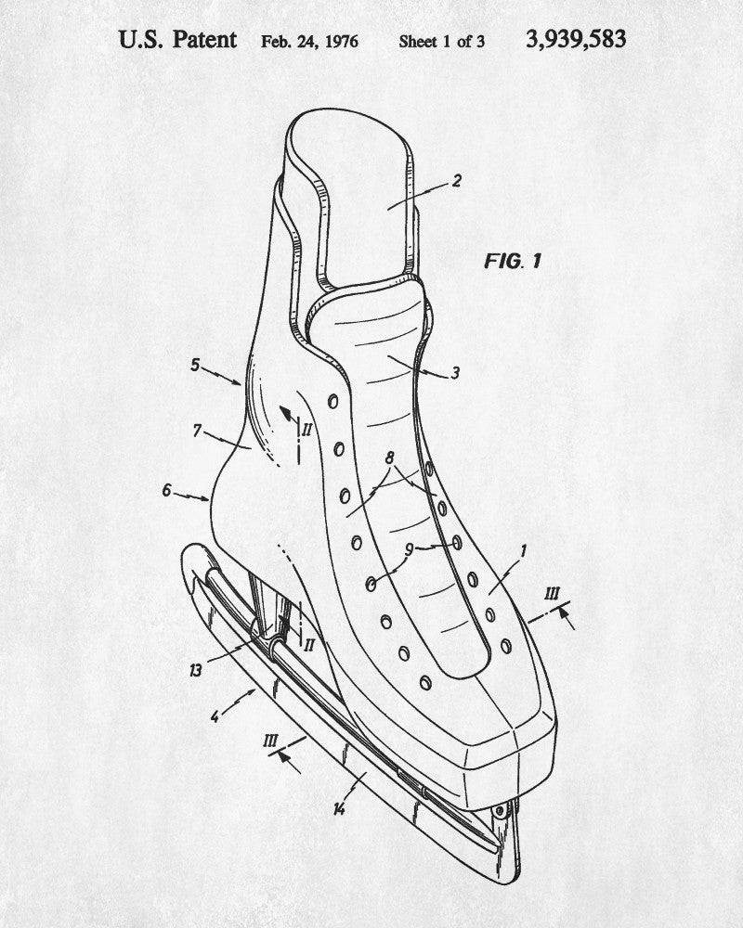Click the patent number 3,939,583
(x=576, y=39)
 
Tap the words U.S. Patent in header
(x=177, y=40)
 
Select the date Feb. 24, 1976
(x=309, y=42)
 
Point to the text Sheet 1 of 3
(x=441, y=42)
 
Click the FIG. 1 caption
(x=512, y=261)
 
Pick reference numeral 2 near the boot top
(x=456, y=181)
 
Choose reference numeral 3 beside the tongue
(x=455, y=374)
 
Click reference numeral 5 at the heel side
(x=195, y=365)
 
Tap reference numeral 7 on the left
(x=197, y=431)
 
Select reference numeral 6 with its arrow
(x=167, y=489)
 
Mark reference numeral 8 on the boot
(x=389, y=457)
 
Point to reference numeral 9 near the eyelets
(x=408, y=549)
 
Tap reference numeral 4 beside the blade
(x=215, y=715)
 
